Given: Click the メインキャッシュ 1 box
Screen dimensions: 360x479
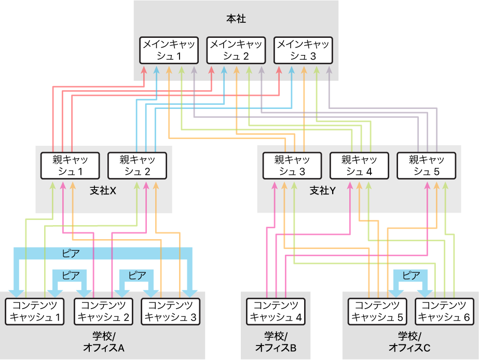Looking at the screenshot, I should [169, 50].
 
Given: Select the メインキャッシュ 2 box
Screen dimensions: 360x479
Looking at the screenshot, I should [236, 50].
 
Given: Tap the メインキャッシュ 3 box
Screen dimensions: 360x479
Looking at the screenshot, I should [303, 50].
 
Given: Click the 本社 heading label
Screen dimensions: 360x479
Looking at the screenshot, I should [236, 19].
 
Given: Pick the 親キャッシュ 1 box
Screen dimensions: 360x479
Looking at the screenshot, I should [71, 165].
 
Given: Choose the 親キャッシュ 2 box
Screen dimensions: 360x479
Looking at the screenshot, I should [138, 165].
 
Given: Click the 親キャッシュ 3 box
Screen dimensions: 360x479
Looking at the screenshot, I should [293, 165].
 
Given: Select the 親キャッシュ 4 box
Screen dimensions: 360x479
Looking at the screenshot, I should [360, 165].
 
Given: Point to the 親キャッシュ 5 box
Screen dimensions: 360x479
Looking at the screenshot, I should [426, 165].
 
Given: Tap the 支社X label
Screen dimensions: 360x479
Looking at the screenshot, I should [103, 191].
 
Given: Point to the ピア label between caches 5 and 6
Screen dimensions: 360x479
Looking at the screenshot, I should [411, 276].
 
